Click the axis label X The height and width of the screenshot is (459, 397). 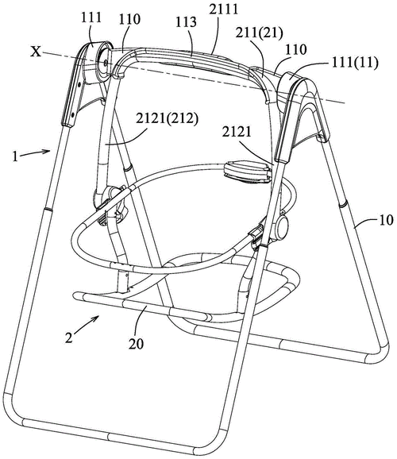tap(36, 52)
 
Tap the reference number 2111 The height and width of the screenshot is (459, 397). tap(224, 10)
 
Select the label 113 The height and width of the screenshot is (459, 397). tap(186, 22)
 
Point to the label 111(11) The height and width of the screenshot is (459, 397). tap(356, 63)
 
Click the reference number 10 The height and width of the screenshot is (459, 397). tap(386, 220)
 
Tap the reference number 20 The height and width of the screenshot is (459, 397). tap(136, 344)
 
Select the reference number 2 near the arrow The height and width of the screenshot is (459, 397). tap(69, 338)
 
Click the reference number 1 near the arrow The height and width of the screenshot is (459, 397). tap(15, 156)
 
